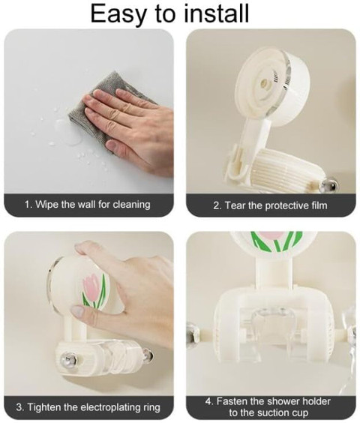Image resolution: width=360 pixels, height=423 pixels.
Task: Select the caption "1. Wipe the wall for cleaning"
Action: [x=88, y=204]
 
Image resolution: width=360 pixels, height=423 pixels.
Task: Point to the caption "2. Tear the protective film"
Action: [x=271, y=205]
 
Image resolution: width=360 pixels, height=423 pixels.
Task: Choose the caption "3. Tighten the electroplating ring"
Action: [x=88, y=406]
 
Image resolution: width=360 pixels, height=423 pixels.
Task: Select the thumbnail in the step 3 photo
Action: [x=78, y=311]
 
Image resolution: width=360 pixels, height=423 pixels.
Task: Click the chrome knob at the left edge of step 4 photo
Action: [x=192, y=334]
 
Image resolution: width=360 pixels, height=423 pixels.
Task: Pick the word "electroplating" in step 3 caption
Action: [x=111, y=407]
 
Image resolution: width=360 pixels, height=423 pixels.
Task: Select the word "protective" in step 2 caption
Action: [x=286, y=205]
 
